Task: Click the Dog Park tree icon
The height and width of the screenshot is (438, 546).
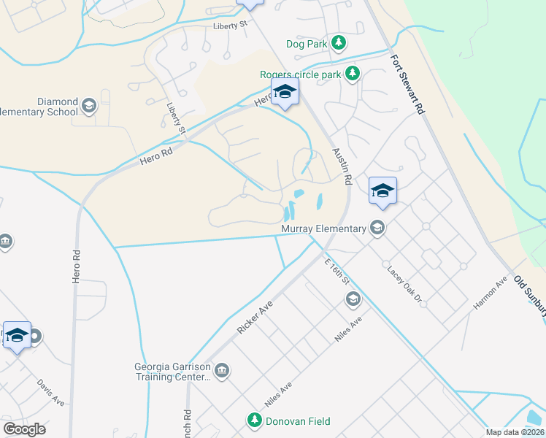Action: [x=338, y=43]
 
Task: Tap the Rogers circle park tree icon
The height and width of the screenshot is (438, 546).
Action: [x=353, y=74]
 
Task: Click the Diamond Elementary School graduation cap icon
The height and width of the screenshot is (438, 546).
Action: [x=89, y=107]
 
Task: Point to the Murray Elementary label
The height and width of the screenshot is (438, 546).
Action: [x=323, y=229]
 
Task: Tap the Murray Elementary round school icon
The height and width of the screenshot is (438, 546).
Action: [x=377, y=228]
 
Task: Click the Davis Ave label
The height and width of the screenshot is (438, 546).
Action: [x=50, y=391]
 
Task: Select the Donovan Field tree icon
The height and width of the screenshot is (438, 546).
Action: [x=254, y=420]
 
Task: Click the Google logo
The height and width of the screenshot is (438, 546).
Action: [x=24, y=429]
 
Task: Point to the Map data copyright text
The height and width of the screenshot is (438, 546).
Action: [x=514, y=432]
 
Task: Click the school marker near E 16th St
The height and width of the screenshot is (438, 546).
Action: [x=353, y=299]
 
